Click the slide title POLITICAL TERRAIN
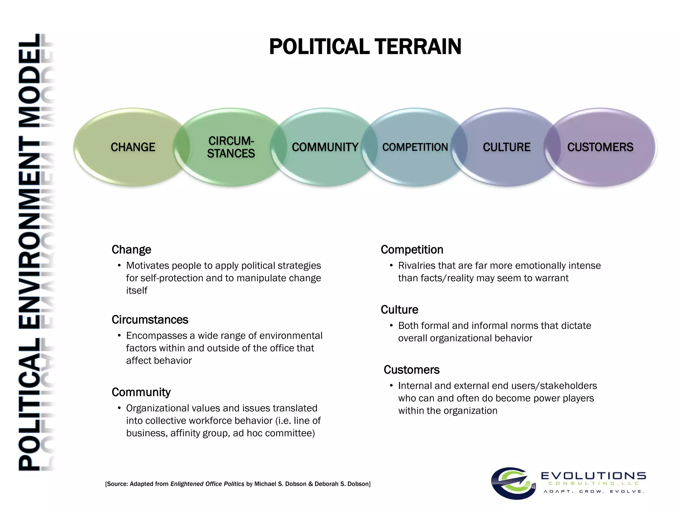(x=365, y=46)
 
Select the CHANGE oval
(x=132, y=147)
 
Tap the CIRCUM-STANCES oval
(x=231, y=147)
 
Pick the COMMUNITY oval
(x=325, y=147)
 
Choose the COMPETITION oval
(x=415, y=147)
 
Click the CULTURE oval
(x=506, y=147)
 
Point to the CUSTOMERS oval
(x=600, y=147)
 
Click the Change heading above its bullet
(x=131, y=250)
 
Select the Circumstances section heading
(x=150, y=320)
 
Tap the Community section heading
(x=141, y=392)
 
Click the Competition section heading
(x=412, y=250)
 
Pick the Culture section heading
(x=399, y=310)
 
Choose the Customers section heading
(x=411, y=370)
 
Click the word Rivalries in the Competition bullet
(x=417, y=266)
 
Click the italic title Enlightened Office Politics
(x=207, y=484)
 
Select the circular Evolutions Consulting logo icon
(x=513, y=483)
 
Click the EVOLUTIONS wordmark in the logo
(x=593, y=476)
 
